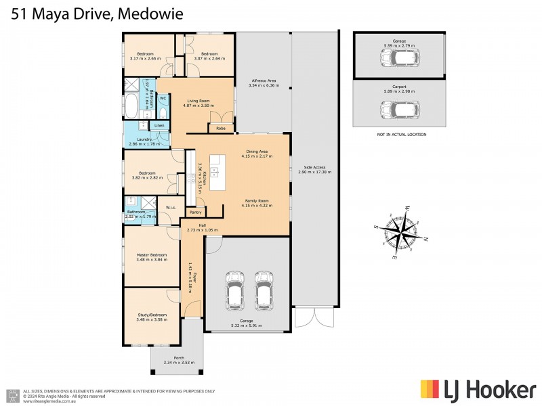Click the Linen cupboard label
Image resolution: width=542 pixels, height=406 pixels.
click(x=159, y=126)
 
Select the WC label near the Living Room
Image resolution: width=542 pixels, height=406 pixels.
click(x=163, y=98)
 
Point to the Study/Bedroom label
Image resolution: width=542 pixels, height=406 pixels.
click(x=151, y=315)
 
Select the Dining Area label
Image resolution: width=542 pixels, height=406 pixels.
click(x=256, y=153)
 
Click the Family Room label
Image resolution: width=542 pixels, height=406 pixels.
click(x=256, y=200)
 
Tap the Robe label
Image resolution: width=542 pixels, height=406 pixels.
click(x=221, y=129)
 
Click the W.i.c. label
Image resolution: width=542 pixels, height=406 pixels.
click(x=171, y=208)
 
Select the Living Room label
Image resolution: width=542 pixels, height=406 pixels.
click(x=199, y=102)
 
